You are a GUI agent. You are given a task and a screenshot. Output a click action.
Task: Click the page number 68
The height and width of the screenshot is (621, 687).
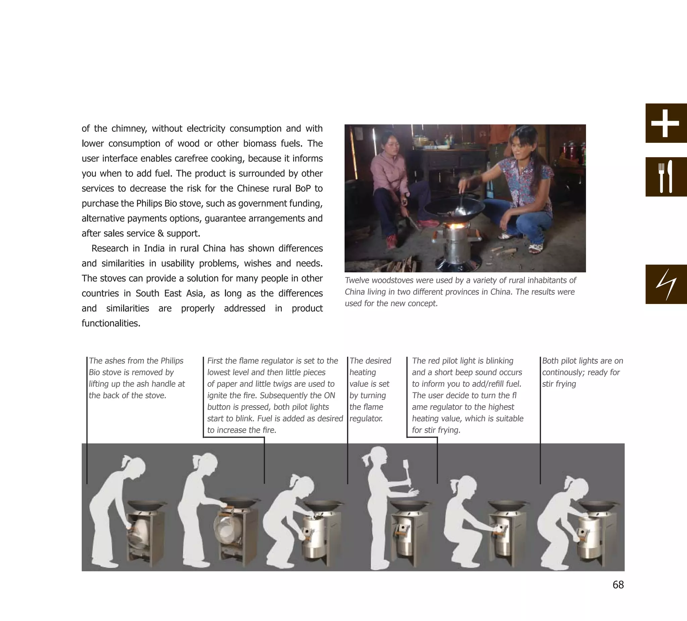[618, 584]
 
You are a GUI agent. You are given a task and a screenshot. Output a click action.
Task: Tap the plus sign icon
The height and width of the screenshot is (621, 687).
[665, 123]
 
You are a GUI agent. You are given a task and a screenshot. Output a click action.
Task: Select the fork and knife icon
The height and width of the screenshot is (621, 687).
[665, 177]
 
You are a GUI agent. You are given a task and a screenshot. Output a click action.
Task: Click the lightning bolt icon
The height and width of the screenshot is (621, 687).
[666, 284]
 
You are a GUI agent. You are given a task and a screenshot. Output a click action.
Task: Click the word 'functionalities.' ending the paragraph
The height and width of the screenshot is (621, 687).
[111, 323]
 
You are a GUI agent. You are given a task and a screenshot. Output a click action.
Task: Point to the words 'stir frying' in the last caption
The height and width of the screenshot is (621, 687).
[559, 384]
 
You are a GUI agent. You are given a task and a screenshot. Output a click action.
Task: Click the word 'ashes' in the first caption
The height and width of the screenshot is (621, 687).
[115, 361]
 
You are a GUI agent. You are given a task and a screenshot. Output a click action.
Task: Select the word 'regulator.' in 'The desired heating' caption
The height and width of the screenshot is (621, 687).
[366, 419]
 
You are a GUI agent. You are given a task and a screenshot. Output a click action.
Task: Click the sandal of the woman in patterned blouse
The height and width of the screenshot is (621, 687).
[536, 248]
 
